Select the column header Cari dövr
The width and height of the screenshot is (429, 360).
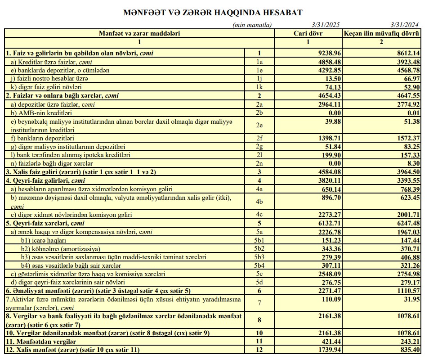308,33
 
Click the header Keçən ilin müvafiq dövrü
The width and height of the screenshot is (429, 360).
382,33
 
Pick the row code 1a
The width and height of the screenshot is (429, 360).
259,62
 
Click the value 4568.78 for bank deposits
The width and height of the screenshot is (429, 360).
407,70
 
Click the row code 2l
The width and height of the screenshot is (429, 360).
259,155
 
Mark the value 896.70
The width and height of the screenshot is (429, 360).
330,197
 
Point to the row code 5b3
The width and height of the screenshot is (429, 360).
259,257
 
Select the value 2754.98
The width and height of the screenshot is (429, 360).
407,274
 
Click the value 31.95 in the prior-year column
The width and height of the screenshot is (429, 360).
411,299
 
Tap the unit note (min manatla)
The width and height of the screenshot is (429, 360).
252,25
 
